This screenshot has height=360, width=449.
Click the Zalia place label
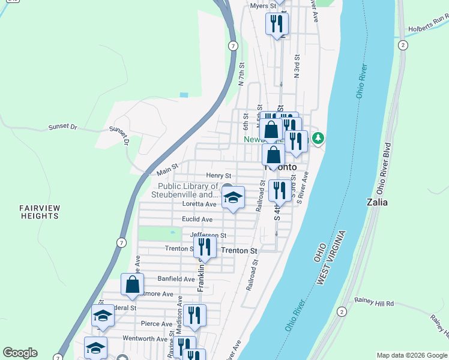click(x=377, y=202)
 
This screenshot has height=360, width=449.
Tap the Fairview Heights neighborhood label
click(x=40, y=212)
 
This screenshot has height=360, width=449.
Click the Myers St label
click(x=262, y=5)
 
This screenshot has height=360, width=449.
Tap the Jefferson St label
click(x=208, y=235)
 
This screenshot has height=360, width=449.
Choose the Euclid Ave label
click(x=197, y=220)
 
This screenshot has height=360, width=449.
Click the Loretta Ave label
click(x=199, y=204)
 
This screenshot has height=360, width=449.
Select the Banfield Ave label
click(x=176, y=279)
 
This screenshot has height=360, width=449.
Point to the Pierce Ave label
click(x=156, y=324)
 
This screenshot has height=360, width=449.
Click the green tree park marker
click(x=318, y=139)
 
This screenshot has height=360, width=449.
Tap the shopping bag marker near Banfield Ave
click(x=132, y=284)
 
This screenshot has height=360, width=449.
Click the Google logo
click(x=20, y=353)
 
